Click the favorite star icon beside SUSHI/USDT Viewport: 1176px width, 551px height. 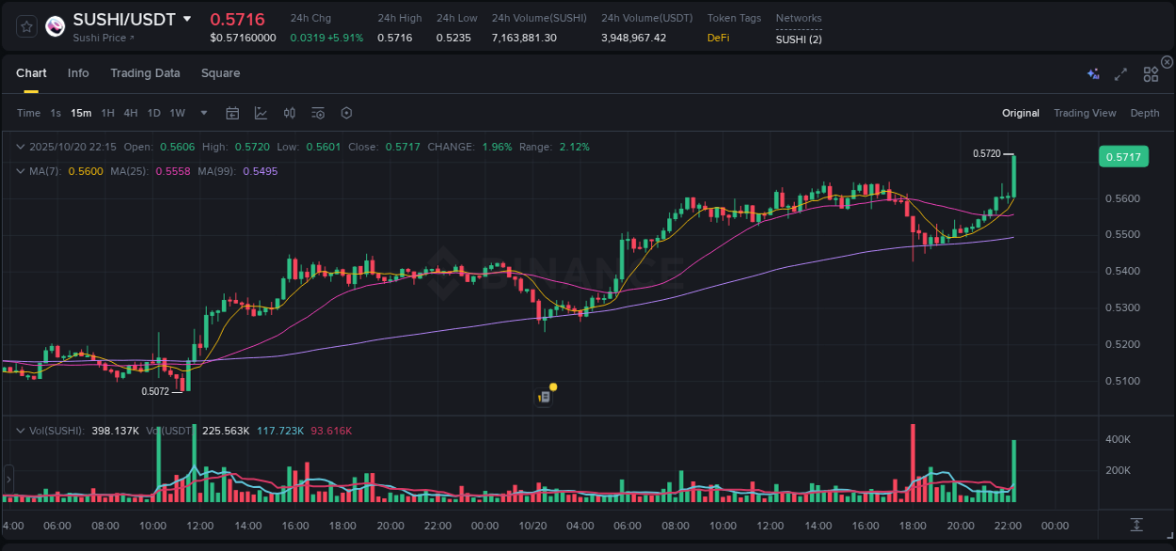(27, 26)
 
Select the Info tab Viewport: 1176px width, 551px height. (78, 73)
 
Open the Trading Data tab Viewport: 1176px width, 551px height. (145, 73)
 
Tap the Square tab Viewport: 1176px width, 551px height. (220, 73)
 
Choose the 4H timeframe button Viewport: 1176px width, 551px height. (131, 114)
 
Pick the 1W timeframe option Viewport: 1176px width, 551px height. (177, 114)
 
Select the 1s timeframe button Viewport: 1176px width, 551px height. (56, 114)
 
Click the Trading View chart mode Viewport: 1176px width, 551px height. (1085, 114)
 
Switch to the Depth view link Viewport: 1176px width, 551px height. (1145, 114)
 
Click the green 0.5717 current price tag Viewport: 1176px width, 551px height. (1123, 157)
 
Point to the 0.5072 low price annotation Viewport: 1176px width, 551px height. (155, 391)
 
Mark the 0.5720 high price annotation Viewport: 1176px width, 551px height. (986, 153)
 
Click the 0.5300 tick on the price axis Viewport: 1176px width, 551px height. (1122, 307)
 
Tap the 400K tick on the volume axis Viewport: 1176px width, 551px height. (1118, 439)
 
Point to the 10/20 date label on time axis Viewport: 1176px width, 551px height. (532, 526)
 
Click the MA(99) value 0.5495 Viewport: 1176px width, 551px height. (260, 171)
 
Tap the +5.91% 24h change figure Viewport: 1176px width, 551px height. (344, 38)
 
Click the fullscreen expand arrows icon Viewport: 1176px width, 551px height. (1120, 74)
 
